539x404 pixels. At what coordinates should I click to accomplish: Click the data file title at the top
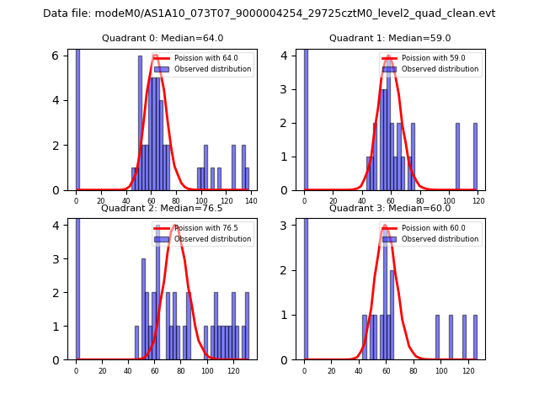click(x=269, y=13)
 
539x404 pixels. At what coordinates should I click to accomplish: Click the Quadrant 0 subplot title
click(x=163, y=38)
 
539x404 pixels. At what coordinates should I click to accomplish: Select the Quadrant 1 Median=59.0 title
click(x=390, y=38)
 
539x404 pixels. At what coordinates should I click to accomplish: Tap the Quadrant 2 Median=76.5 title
click(x=163, y=208)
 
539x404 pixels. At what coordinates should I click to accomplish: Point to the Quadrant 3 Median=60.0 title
click(x=390, y=208)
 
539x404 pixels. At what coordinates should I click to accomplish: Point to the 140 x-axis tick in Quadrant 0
click(x=250, y=201)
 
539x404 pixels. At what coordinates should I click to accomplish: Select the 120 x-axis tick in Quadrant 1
click(x=478, y=201)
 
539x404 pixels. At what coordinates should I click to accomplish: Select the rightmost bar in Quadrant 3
click(x=475, y=338)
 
